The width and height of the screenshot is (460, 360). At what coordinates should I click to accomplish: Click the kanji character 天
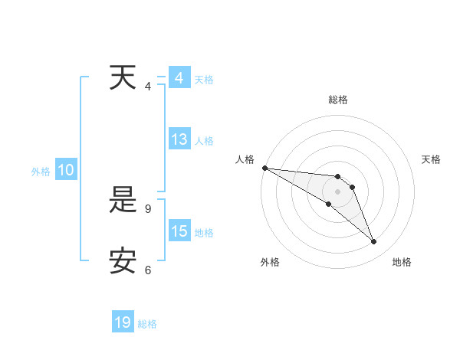123,78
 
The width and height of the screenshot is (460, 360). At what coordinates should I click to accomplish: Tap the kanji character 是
123,201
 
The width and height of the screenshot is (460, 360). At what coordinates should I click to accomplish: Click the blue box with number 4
179,78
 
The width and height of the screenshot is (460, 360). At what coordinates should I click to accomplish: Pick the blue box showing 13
179,139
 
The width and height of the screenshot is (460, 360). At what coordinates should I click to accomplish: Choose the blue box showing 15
179,231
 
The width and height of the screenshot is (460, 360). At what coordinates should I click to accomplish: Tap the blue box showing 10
65,171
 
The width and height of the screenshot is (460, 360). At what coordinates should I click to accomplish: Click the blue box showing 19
123,322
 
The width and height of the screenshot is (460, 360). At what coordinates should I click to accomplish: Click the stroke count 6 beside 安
148,270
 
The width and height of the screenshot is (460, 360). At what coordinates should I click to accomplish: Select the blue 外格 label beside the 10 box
41,172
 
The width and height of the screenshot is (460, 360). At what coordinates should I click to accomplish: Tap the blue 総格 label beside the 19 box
147,324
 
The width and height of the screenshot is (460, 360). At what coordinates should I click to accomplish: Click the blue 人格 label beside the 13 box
204,141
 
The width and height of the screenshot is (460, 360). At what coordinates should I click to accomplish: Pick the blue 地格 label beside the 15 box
204,233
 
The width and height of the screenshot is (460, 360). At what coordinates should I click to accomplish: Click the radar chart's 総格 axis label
338,100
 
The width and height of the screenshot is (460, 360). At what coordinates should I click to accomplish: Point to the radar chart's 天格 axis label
432,159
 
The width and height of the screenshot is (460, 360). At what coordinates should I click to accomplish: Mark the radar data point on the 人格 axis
264,168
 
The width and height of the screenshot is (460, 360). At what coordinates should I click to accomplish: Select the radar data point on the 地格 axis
374,242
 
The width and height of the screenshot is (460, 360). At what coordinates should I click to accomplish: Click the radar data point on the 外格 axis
328,204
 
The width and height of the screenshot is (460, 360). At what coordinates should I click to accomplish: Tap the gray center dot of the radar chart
338,191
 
